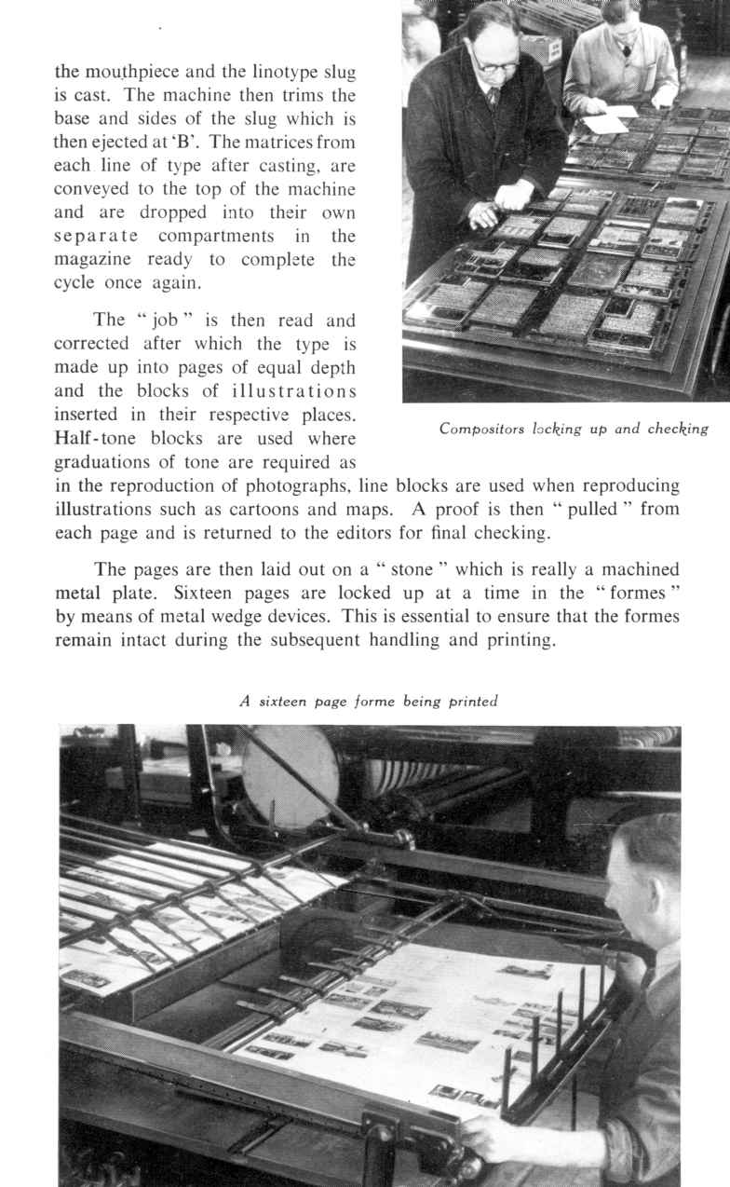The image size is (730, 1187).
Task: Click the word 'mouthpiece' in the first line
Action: click(x=128, y=72)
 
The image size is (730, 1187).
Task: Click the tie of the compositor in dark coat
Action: click(x=493, y=97)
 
